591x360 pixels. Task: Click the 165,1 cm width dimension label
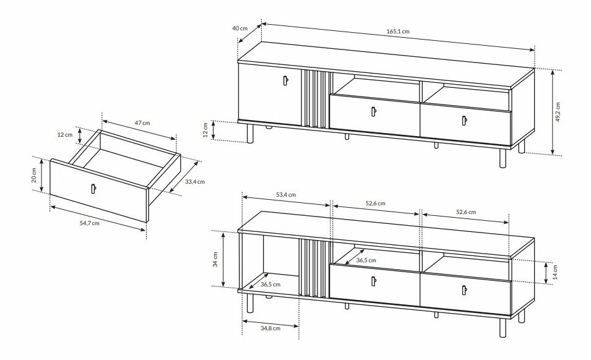(x=398, y=32)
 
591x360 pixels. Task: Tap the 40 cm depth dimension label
(x=239, y=28)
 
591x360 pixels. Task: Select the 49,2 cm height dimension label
(x=558, y=111)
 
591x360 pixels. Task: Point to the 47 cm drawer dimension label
(x=143, y=122)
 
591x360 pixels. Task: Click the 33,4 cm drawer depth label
(x=195, y=181)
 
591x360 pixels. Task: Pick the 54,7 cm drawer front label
(x=90, y=223)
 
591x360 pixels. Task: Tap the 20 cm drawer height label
(x=34, y=176)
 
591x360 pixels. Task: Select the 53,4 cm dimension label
(x=286, y=195)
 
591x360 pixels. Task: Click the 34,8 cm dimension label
(x=270, y=328)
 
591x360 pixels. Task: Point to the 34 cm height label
(x=215, y=259)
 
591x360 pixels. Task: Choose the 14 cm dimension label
(x=555, y=272)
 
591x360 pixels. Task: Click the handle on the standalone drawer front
(x=93, y=188)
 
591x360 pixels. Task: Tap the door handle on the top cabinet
(x=286, y=80)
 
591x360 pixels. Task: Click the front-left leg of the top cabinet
(x=249, y=134)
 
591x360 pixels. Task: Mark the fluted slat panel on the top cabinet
(x=315, y=99)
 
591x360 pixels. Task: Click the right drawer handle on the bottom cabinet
(x=464, y=290)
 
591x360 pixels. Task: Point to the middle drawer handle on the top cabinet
(x=374, y=111)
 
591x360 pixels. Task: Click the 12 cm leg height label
(x=205, y=130)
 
